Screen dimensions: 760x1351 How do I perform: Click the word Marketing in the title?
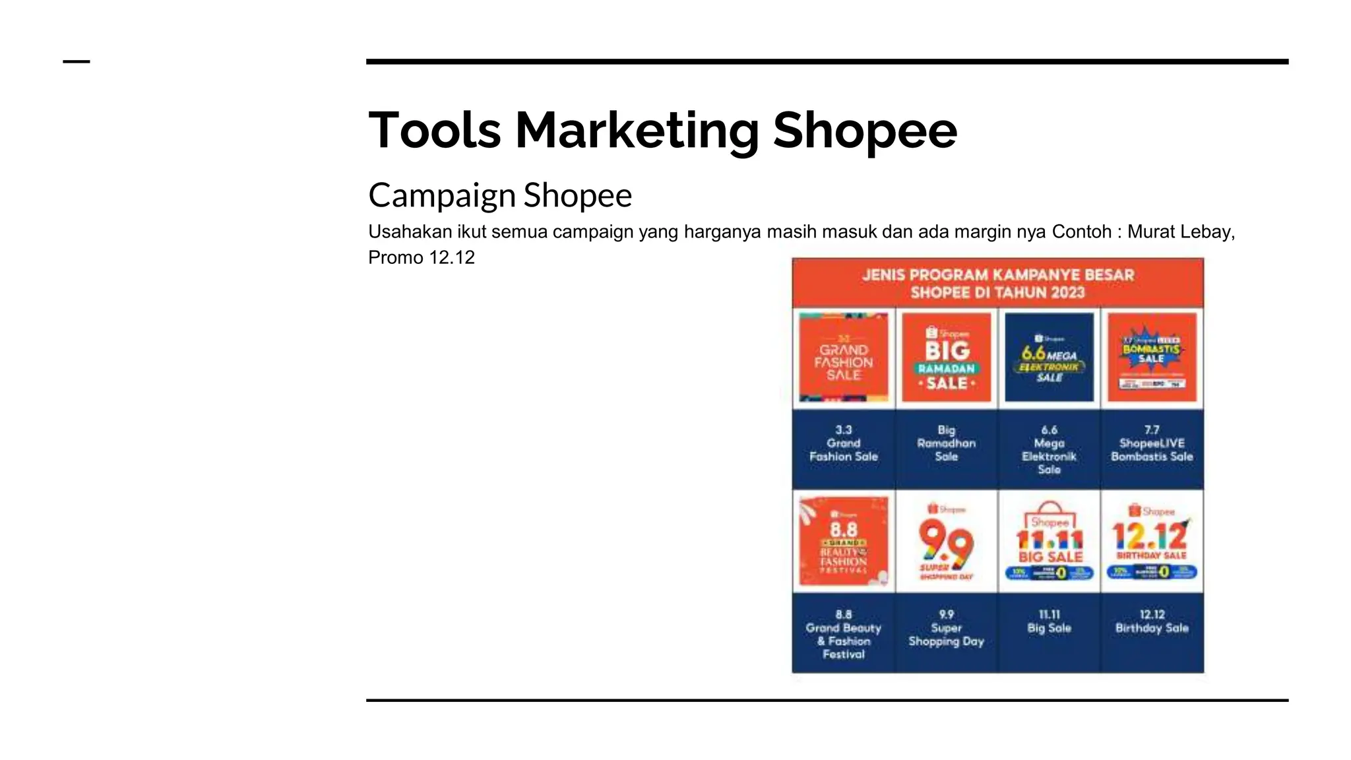637,130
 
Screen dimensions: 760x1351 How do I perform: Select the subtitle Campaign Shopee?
499,195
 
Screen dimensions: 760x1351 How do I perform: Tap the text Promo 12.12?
421,257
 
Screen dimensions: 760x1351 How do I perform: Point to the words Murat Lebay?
1180,232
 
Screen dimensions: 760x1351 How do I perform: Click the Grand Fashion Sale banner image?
843,358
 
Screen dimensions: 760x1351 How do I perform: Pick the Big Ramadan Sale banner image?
946,358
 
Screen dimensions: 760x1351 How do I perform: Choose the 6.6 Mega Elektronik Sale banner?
1049,358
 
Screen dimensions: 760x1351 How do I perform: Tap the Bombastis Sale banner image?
1152,358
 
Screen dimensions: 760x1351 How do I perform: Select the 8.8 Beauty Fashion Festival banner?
843,542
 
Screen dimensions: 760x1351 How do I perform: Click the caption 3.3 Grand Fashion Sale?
843,443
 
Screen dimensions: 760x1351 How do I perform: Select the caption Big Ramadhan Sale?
946,443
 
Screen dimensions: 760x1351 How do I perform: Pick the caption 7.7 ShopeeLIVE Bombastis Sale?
1152,443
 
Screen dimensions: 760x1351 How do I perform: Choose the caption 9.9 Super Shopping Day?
946,628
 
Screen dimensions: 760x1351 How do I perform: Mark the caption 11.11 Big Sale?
1049,621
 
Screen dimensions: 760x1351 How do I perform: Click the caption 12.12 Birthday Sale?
1152,621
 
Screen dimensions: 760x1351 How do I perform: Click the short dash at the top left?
77,62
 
